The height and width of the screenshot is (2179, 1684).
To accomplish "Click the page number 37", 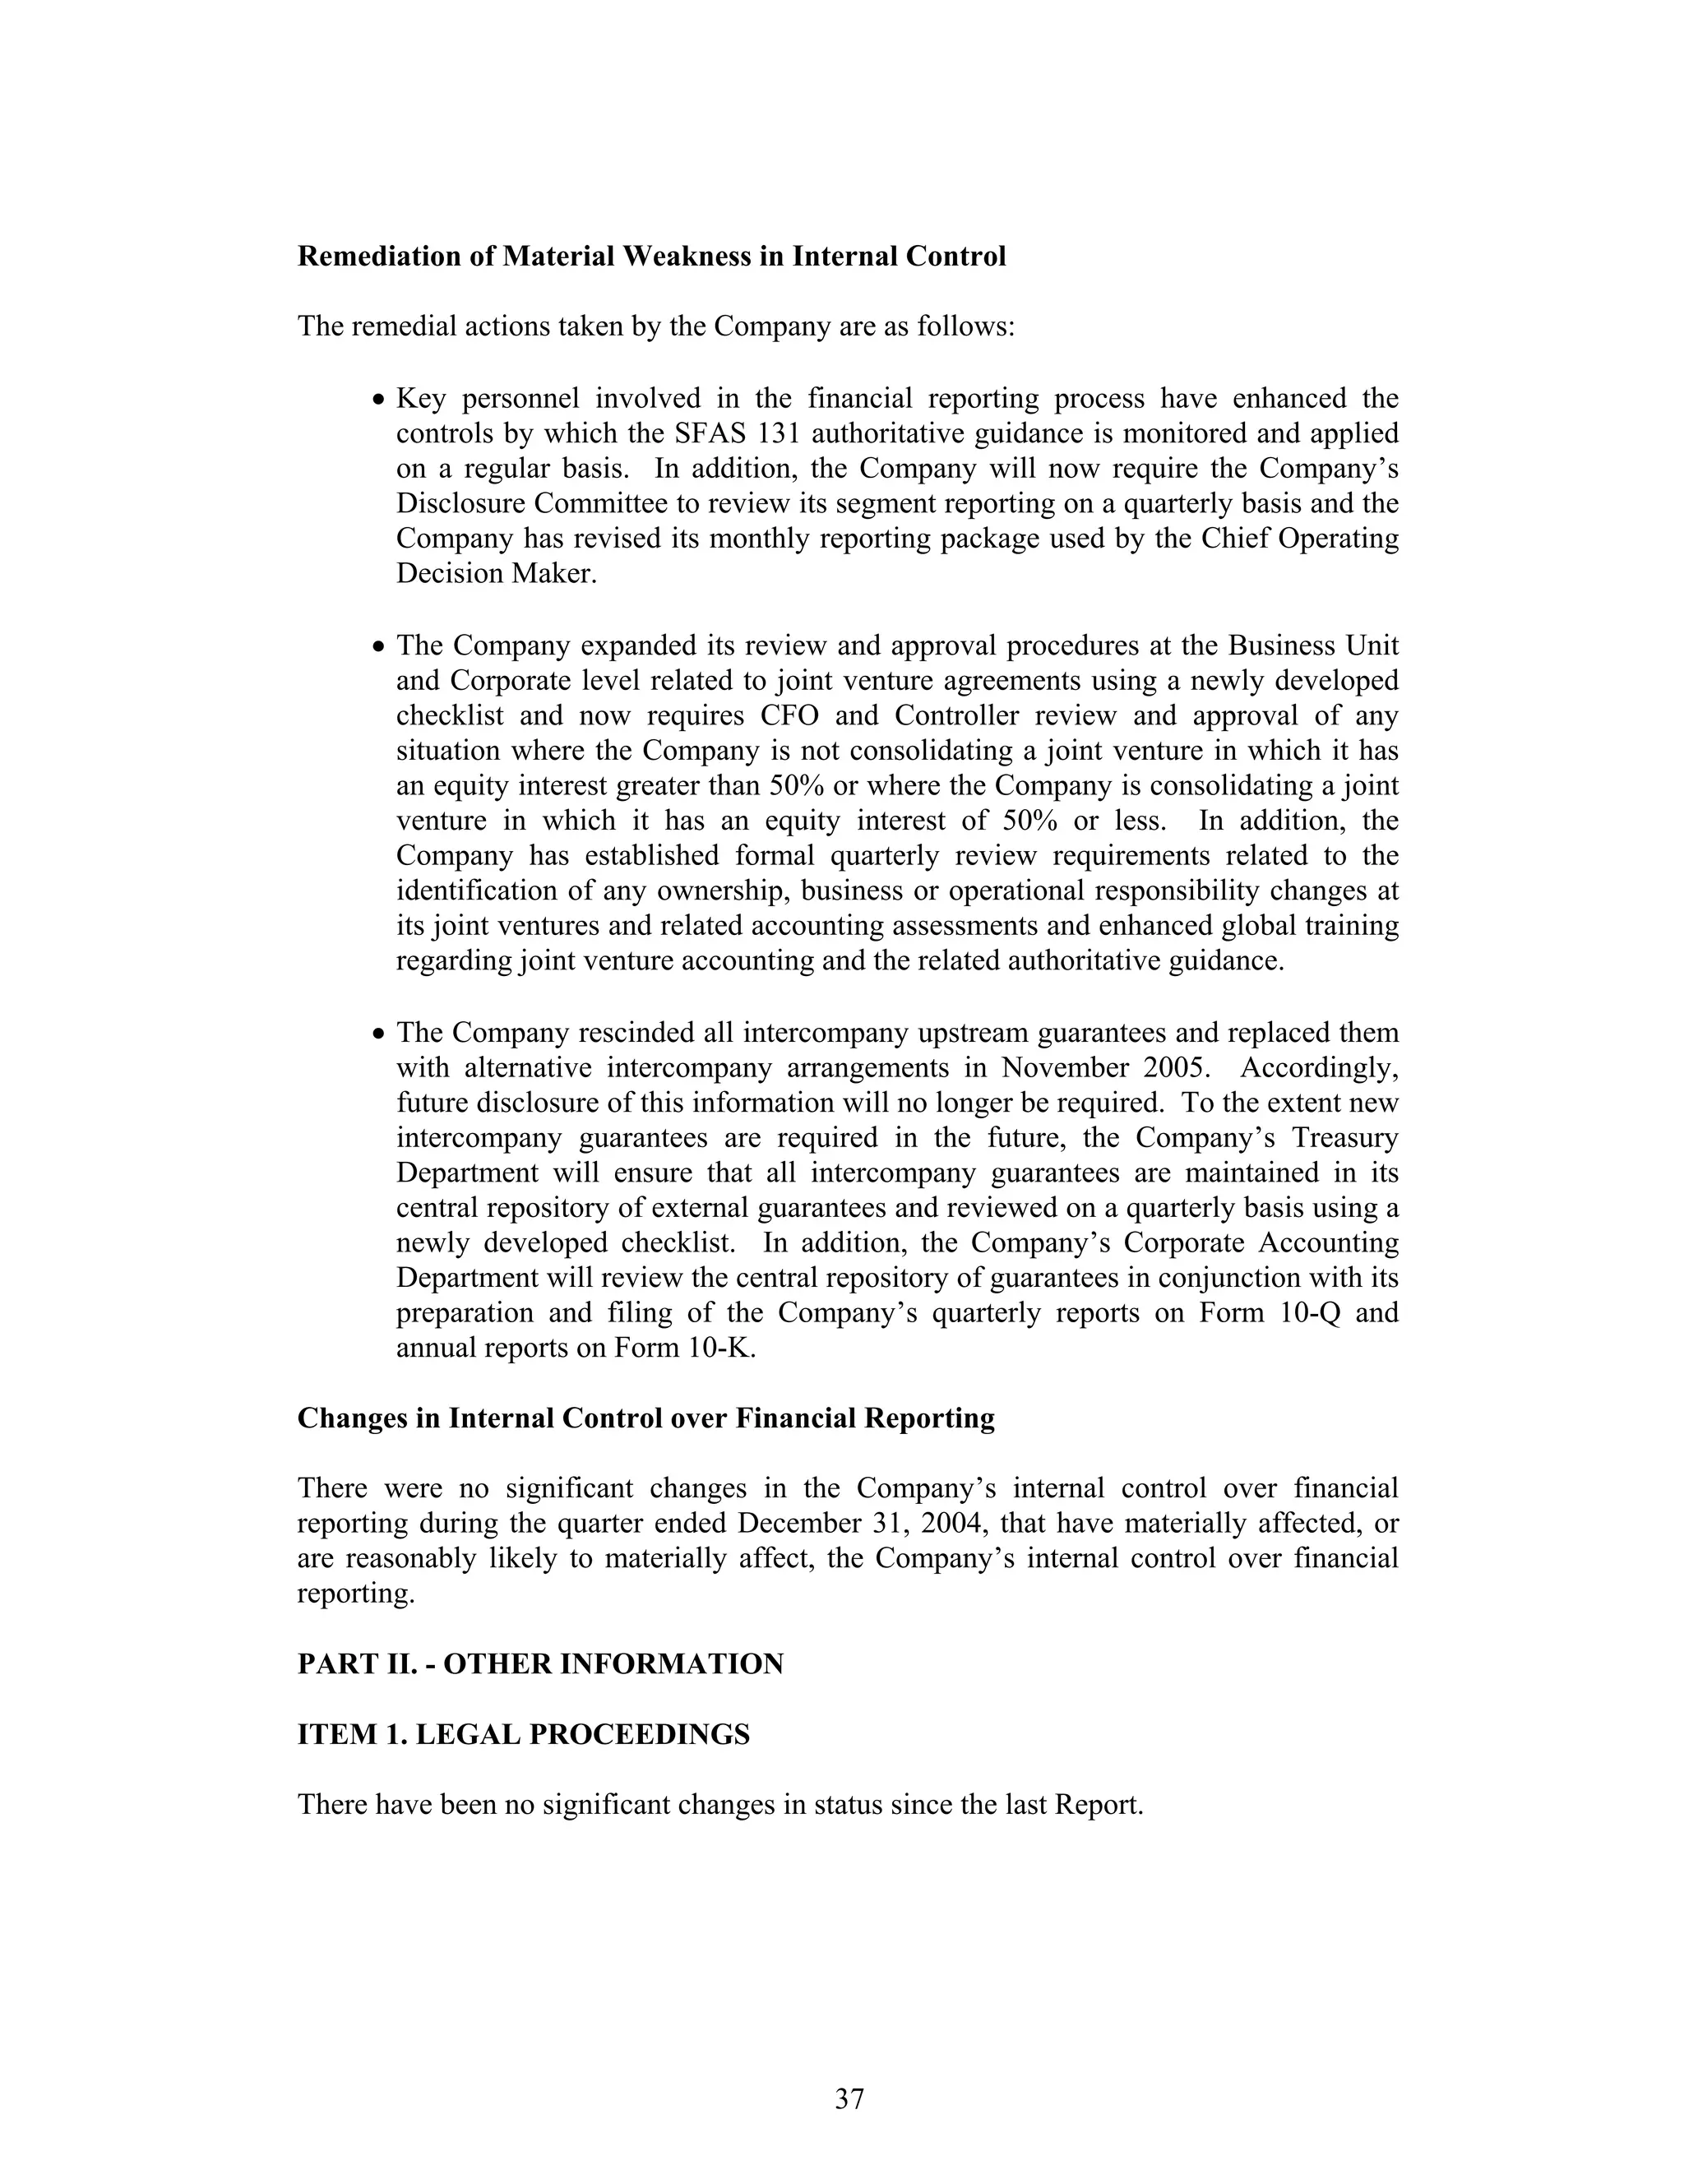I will pos(849,2098).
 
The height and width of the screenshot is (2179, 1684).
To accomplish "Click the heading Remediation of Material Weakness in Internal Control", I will pos(651,257).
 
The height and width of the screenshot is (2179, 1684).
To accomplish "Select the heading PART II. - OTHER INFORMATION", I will pos(539,1664).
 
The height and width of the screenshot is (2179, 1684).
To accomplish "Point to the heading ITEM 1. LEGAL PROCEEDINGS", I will pos(523,1735).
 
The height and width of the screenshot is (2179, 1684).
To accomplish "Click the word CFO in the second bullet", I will pos(790,716).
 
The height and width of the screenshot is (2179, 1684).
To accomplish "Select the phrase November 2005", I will pos(1104,1067).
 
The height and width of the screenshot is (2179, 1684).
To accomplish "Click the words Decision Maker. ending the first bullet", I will pos(496,574).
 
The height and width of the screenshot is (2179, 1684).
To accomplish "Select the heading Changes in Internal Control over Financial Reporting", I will pos(645,1418).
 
